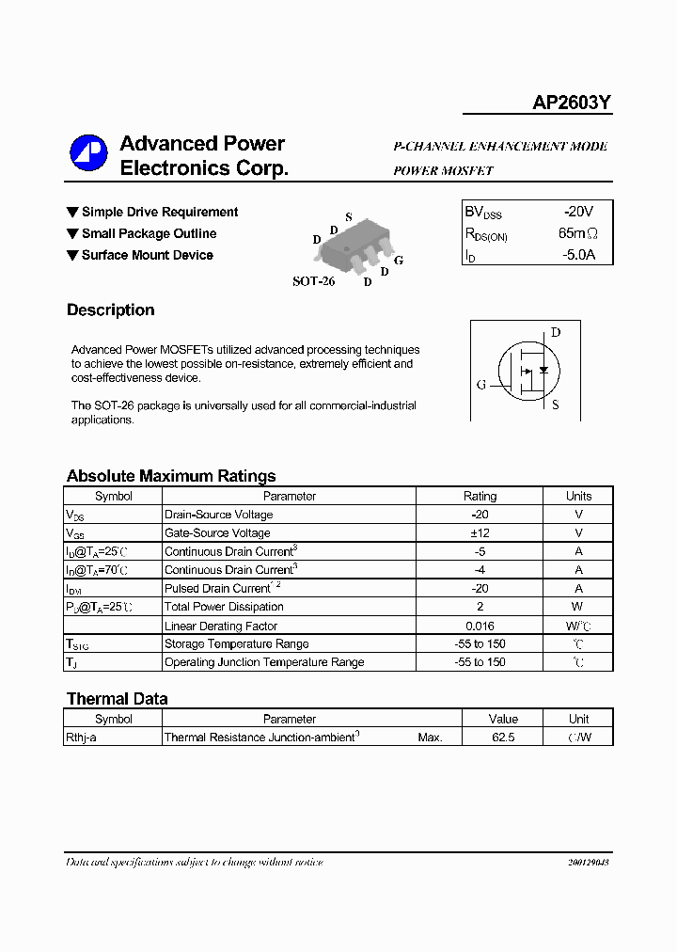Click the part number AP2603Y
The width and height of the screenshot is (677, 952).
(x=572, y=104)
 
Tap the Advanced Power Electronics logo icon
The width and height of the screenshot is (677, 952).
(x=89, y=154)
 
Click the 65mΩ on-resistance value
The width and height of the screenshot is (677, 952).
(x=577, y=233)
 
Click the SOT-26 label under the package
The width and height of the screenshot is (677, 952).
(x=313, y=281)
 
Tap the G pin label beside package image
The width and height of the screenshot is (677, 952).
(x=399, y=261)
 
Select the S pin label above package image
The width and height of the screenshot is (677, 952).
(x=348, y=217)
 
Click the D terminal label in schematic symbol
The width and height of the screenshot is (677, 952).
(x=556, y=332)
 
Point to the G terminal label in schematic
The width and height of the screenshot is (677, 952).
(x=481, y=385)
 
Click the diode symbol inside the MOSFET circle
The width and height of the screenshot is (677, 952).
(x=543, y=370)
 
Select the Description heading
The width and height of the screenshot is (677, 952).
(x=110, y=310)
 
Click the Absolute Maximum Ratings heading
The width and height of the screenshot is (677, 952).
(x=171, y=476)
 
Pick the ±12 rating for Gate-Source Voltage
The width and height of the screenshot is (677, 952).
(x=480, y=532)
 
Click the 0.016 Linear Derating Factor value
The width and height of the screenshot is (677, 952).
(x=480, y=626)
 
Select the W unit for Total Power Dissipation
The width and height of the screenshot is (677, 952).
(x=578, y=607)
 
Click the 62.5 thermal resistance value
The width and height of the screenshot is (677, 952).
(x=503, y=738)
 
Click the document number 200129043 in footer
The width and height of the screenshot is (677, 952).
(x=588, y=863)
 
